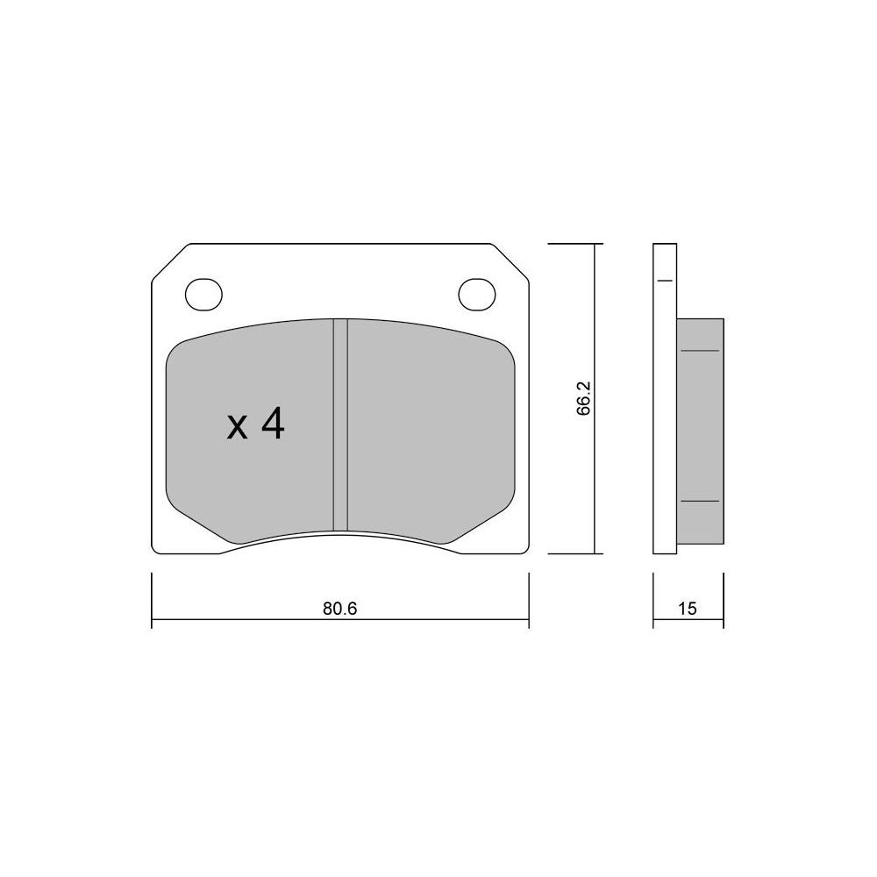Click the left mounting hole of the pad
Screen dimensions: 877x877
pyautogui.click(x=203, y=295)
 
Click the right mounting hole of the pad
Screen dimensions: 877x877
pyautogui.click(x=477, y=295)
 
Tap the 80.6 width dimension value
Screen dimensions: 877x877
pyautogui.click(x=339, y=609)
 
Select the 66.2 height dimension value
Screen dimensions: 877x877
pyautogui.click(x=583, y=398)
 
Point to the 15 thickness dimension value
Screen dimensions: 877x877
pyautogui.click(x=688, y=609)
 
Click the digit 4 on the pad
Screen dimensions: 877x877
pyautogui.click(x=273, y=424)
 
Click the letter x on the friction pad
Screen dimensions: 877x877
pyautogui.click(x=237, y=428)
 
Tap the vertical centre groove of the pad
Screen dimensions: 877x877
pyautogui.click(x=340, y=425)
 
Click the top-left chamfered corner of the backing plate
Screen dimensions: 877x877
pyautogui.click(x=172, y=261)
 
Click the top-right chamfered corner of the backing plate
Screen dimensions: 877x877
pyautogui.click(x=509, y=261)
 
